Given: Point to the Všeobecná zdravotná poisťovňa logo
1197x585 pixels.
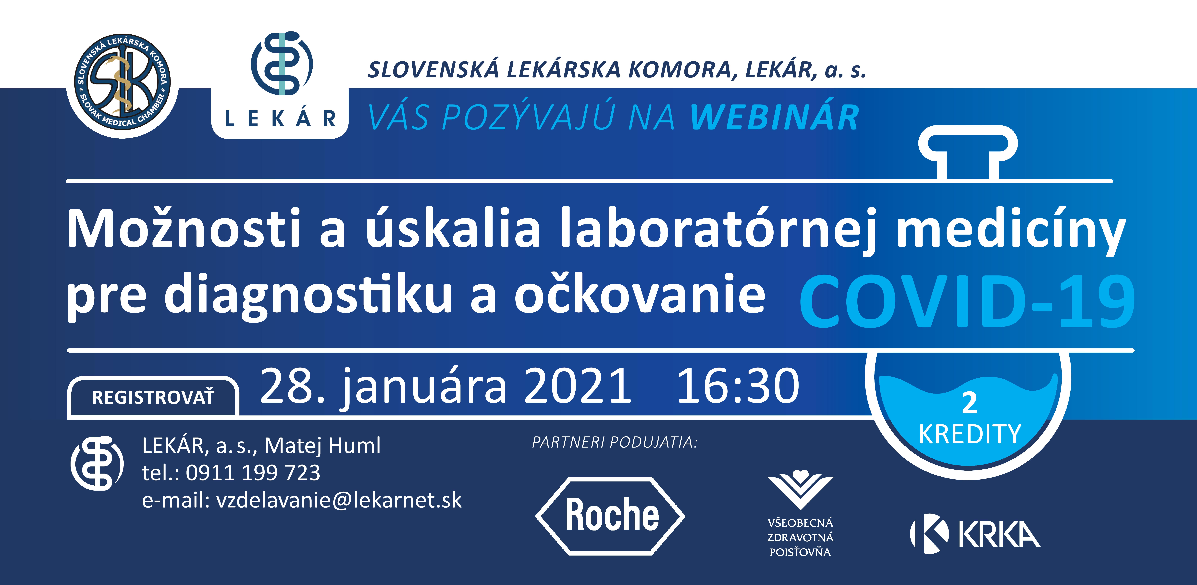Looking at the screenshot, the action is coord(800,514).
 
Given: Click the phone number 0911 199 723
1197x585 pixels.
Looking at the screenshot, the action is coord(253,473).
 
